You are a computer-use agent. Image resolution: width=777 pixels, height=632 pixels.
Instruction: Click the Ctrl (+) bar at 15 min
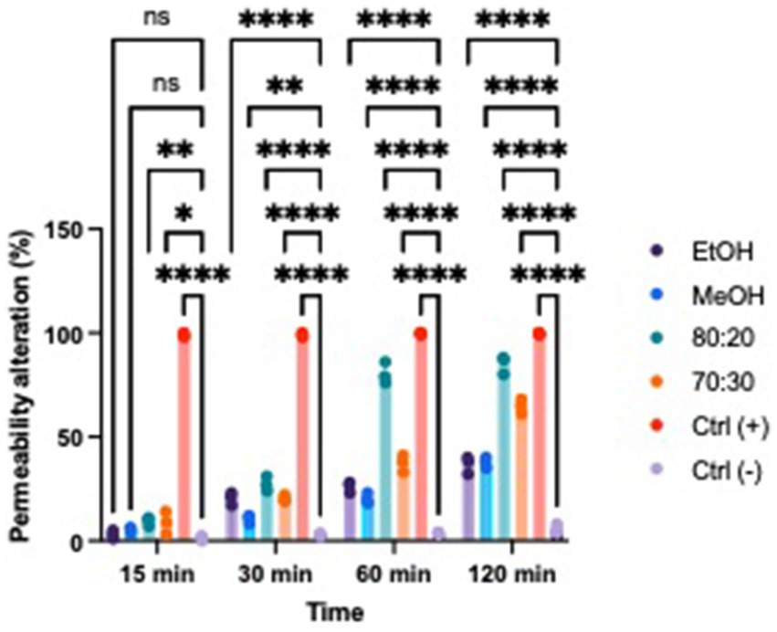click(x=184, y=438)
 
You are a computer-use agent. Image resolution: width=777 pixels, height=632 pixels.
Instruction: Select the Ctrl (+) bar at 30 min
click(x=302, y=438)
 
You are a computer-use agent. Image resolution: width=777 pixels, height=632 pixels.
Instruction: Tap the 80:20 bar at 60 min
click(x=385, y=457)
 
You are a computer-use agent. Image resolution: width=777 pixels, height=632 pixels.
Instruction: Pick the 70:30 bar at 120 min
click(x=521, y=475)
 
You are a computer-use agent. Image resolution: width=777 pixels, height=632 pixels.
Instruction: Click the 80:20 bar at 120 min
click(x=503, y=457)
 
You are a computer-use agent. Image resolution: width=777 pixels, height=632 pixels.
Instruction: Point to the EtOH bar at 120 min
click(x=467, y=502)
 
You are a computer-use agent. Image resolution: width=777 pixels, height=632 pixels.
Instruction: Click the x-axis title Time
click(x=332, y=611)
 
